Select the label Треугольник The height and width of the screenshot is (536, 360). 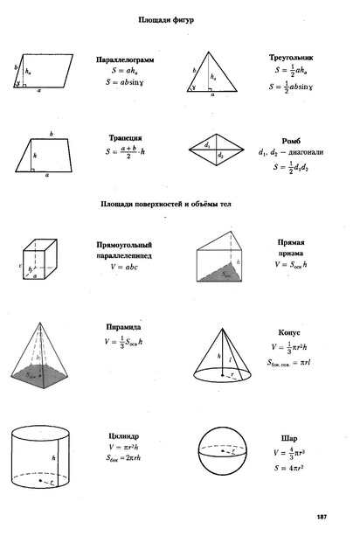pos(292,58)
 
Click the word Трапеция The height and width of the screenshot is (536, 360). pos(126,138)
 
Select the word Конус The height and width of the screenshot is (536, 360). pos(289,332)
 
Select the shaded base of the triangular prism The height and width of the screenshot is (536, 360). pos(216,274)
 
